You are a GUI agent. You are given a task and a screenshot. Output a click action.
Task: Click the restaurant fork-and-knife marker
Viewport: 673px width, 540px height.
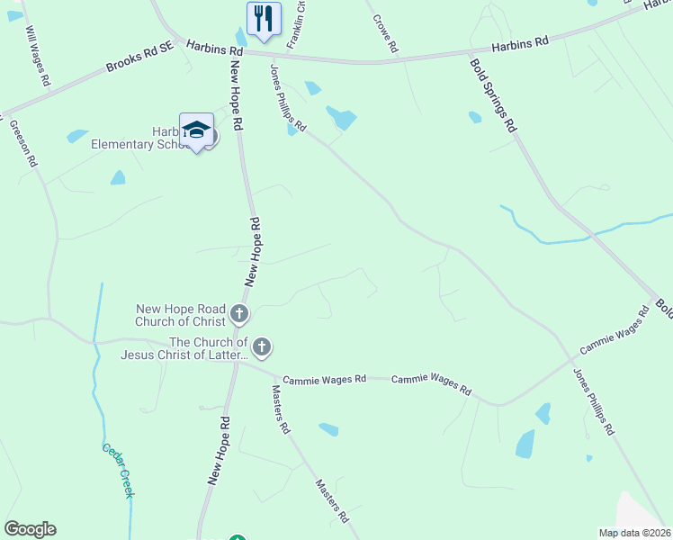[x=264, y=19]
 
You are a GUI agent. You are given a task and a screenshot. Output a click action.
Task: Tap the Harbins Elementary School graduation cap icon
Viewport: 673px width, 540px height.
[x=196, y=131]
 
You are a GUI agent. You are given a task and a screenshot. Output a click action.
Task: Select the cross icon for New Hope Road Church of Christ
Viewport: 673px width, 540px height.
[x=238, y=314]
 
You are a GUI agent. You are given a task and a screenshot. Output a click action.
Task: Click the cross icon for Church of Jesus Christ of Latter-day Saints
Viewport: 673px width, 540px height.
[x=262, y=346]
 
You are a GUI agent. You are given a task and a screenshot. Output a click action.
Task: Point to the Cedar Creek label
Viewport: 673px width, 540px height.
[x=117, y=471]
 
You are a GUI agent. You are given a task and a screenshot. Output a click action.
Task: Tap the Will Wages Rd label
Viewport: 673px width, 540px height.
[x=38, y=56]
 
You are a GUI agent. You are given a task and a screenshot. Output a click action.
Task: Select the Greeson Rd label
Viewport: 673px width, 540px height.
[x=23, y=144]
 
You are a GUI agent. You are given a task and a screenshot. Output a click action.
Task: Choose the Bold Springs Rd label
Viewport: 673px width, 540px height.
[x=492, y=95]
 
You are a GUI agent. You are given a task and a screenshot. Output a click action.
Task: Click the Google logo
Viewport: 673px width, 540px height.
[x=30, y=529]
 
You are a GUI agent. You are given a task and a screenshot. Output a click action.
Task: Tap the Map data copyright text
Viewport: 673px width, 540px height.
[x=634, y=532]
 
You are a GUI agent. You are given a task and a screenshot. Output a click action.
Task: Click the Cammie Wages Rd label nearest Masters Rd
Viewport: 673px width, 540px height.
[x=324, y=380]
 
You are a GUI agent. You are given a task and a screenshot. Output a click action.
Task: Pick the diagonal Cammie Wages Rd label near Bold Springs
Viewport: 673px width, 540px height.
[x=615, y=330]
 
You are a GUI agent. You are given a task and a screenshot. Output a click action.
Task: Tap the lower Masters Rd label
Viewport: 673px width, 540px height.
[x=331, y=501]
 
